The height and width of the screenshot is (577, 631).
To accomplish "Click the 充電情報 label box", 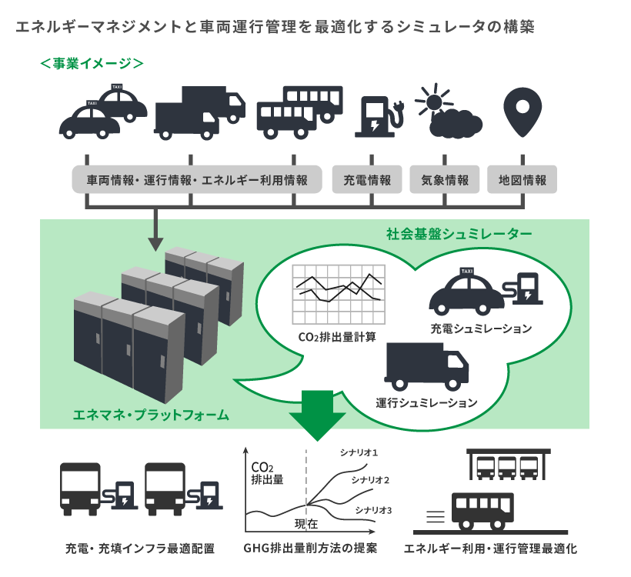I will tap(367, 181).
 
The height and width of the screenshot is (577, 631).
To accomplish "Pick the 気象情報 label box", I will tap(445, 181).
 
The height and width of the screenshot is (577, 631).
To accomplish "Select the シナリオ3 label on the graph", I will tap(375, 509).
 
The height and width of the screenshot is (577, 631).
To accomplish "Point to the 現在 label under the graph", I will tap(306, 525).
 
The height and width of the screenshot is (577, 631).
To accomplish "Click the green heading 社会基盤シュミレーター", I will tap(459, 232).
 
